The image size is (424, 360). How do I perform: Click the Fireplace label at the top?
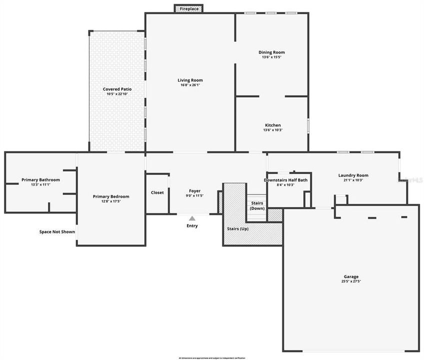[x=189, y=9]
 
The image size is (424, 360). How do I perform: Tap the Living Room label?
[x=190, y=80]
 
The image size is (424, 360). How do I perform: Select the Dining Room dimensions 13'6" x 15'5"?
[x=271, y=57]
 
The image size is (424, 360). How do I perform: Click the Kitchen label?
[x=272, y=125]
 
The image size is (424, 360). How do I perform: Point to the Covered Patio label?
[x=117, y=89]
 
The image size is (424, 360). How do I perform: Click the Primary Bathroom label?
[x=40, y=179]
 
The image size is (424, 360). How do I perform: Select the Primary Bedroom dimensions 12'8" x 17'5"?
[x=110, y=201]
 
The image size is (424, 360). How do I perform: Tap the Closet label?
[x=157, y=192]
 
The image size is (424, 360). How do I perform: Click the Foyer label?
[x=194, y=190]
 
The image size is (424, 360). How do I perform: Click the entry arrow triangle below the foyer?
[x=192, y=218]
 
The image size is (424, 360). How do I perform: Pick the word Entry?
[x=192, y=225]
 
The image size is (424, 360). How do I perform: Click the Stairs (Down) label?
[x=257, y=205]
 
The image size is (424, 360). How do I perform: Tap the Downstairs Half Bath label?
[x=285, y=180]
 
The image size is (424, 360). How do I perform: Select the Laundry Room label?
[x=353, y=175]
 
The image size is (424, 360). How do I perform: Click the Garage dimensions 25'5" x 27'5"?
[x=350, y=281]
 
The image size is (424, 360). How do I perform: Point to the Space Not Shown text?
[x=57, y=231]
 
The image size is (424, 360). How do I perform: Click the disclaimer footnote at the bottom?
[x=212, y=358]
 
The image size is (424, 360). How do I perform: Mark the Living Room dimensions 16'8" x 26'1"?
[x=190, y=85]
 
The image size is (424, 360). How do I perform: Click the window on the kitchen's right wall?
[x=308, y=125]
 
